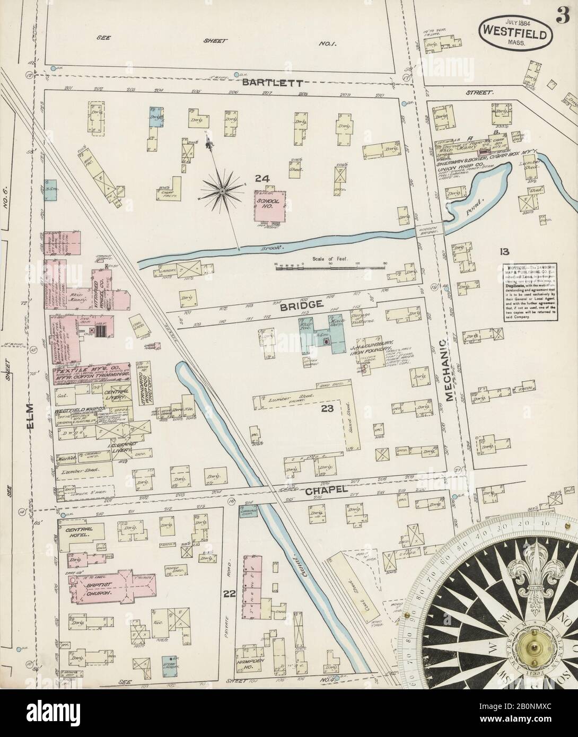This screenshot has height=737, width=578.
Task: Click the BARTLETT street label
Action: pyautogui.click(x=273, y=83)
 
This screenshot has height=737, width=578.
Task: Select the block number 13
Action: pyautogui.click(x=503, y=251)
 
